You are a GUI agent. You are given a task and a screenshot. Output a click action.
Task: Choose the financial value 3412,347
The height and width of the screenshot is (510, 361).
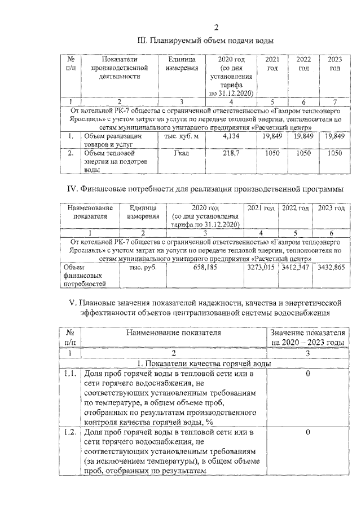(x=296, y=267)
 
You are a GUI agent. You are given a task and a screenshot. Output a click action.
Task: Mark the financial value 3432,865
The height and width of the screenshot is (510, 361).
(x=331, y=267)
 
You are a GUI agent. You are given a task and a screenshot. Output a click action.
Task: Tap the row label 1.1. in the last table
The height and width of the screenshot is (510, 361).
(x=70, y=374)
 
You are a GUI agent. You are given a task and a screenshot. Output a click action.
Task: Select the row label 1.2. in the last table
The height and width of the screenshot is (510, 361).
(x=70, y=432)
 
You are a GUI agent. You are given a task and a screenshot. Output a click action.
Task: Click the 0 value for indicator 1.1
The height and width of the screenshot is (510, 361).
(x=308, y=374)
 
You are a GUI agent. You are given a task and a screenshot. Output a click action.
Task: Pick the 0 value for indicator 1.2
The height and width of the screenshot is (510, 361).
(x=308, y=432)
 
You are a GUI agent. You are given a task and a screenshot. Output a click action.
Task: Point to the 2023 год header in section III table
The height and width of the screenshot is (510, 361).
(x=334, y=64)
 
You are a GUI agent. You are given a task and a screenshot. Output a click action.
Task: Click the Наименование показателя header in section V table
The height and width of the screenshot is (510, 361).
(x=173, y=333)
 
